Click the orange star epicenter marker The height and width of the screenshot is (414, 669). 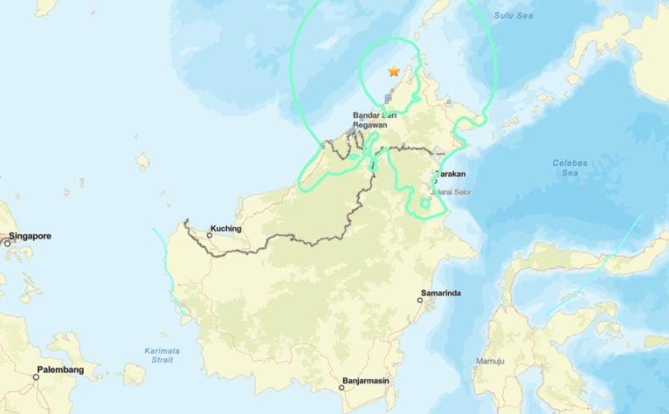pyautogui.click(x=394, y=72)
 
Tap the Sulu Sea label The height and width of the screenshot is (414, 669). pyautogui.click(x=514, y=15)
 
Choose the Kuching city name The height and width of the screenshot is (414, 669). pyautogui.click(x=226, y=229)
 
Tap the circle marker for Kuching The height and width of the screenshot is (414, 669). pyautogui.click(x=209, y=235)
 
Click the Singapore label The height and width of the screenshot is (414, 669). pyautogui.click(x=30, y=236)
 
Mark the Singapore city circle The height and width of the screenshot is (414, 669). pyautogui.click(x=7, y=243)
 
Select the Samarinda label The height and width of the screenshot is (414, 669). pyautogui.click(x=440, y=293)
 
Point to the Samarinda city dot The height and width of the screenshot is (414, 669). pyautogui.click(x=419, y=300)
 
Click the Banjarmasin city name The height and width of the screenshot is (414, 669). pyautogui.click(x=366, y=381)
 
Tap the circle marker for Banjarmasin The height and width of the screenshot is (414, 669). pyautogui.click(x=342, y=388)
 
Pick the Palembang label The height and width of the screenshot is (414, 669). pyautogui.click(x=60, y=370)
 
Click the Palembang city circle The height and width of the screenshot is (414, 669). pyautogui.click(x=36, y=377)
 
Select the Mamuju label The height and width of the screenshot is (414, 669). pyautogui.click(x=490, y=362)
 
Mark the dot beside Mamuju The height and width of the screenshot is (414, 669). pyautogui.click(x=474, y=368)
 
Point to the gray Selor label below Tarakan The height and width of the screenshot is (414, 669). pyautogui.click(x=458, y=191)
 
